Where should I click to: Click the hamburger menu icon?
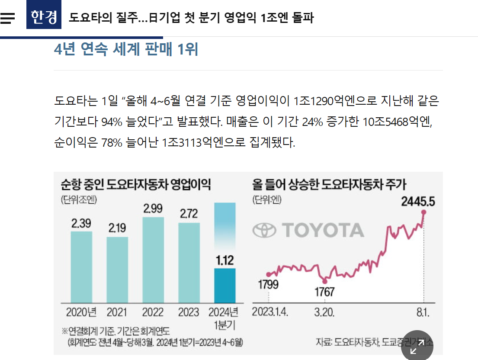tap(8, 18)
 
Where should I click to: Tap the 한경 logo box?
tap(44, 17)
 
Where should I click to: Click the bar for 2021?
tap(117, 270)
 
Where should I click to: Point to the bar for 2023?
tap(189, 263)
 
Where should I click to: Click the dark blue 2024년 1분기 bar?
tap(225, 286)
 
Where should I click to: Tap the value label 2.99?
tap(153, 209)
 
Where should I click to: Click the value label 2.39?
tap(81, 223)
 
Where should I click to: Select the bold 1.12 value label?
tap(225, 260)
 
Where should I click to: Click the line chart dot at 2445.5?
tap(424, 212)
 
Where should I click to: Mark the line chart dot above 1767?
tap(325, 282)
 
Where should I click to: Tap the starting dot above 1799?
tap(269, 274)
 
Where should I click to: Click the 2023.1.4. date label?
tap(270, 312)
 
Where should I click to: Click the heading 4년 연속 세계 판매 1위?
tap(126, 50)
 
